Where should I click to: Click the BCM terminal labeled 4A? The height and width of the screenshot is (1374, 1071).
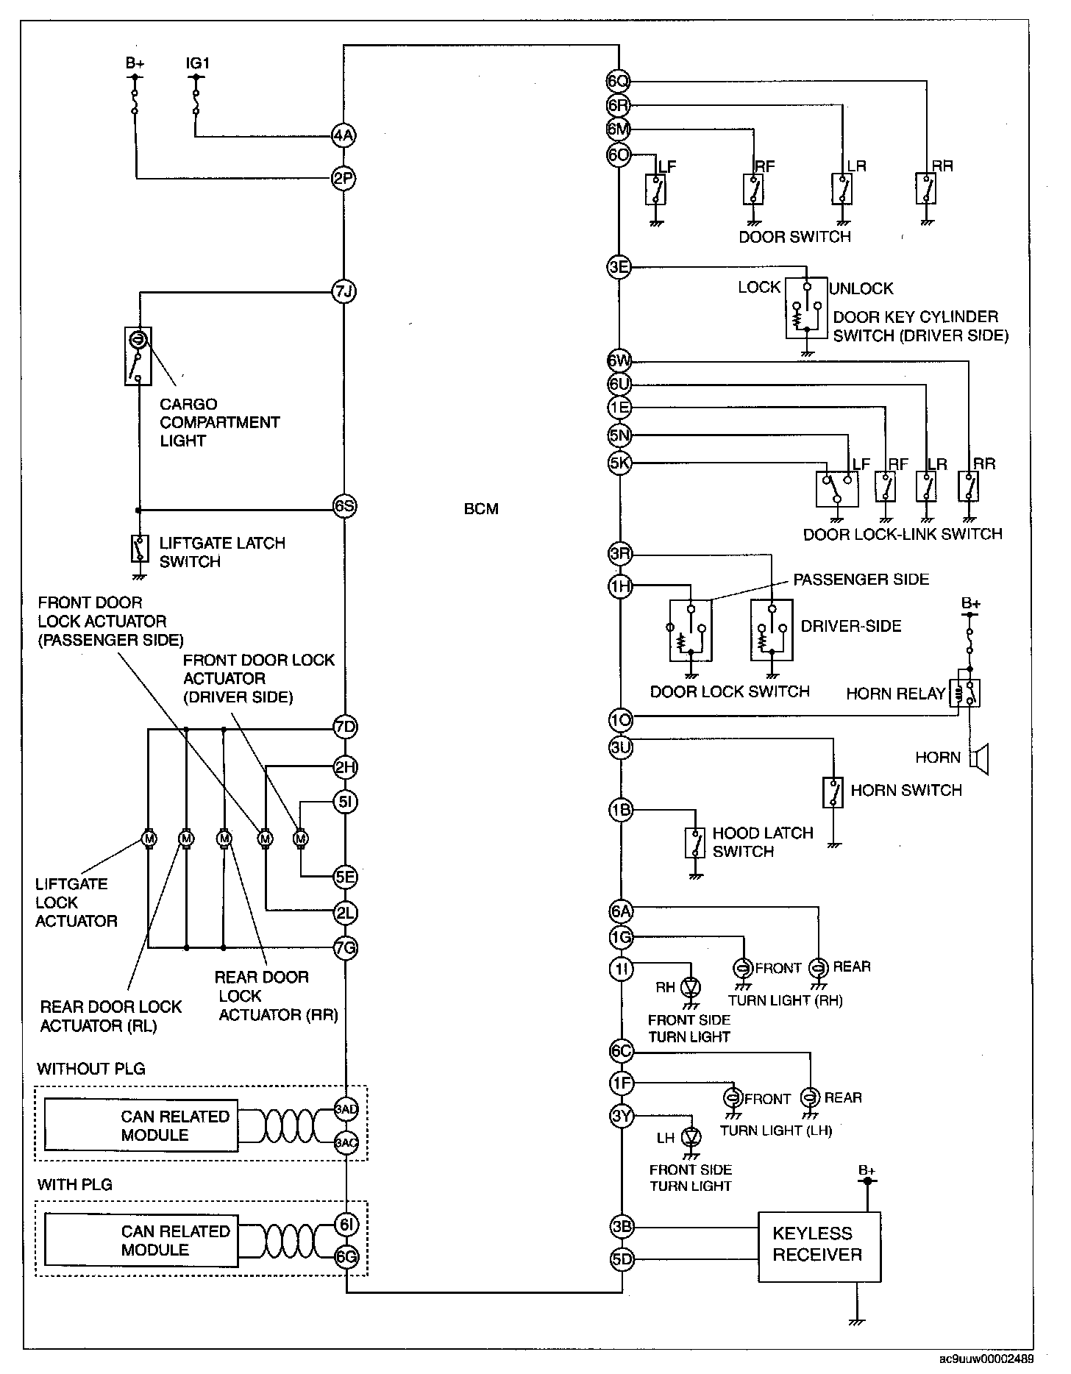344,135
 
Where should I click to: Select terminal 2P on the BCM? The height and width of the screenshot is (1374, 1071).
344,178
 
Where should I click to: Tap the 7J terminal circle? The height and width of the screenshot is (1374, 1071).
344,292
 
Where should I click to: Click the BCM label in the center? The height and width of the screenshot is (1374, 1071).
481,509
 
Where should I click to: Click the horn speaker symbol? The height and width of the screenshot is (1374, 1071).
980,758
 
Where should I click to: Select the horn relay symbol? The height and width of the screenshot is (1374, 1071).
964,691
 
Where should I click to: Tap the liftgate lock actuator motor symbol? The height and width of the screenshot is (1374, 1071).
149,838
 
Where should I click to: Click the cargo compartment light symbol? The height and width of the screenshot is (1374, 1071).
138,356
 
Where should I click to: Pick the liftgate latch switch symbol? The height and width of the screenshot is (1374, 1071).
138,547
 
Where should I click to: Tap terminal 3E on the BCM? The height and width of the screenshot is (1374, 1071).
619,268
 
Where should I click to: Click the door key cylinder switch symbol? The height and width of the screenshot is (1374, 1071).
807,307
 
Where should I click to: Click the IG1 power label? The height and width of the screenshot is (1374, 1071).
197,63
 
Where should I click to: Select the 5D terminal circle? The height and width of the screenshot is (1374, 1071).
622,1259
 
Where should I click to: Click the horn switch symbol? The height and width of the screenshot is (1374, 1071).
833,791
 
